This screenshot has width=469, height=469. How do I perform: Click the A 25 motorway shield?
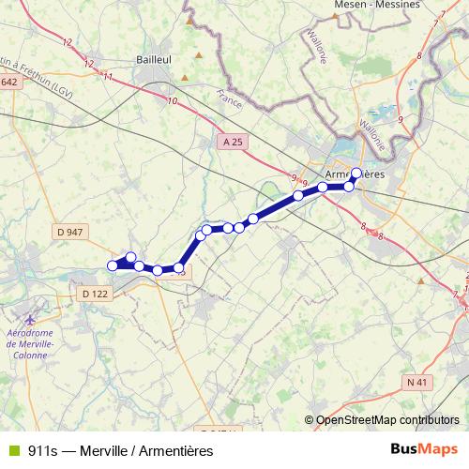pos(234,141)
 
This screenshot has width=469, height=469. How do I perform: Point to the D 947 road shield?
pos(70,231)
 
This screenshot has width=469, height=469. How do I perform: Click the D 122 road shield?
pos(95,294)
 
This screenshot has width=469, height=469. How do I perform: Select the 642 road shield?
pos(8,83)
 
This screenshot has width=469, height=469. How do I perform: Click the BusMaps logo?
pos(424,449)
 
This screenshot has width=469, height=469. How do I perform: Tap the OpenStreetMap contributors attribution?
pos(387,419)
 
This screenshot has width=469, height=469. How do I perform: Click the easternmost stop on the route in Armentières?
pos(356,173)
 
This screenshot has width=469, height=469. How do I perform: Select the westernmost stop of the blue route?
pos(113,265)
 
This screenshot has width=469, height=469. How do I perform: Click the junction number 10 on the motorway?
pos(172,99)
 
